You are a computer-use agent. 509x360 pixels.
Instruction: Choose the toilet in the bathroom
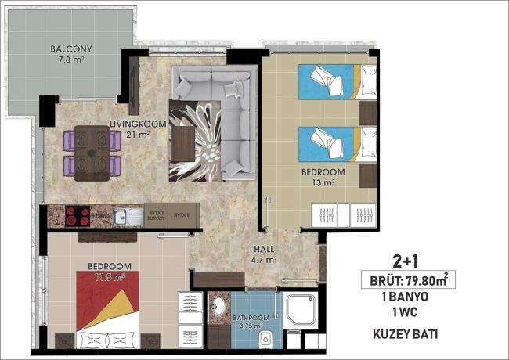pyautogui.click(x=266, y=338)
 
